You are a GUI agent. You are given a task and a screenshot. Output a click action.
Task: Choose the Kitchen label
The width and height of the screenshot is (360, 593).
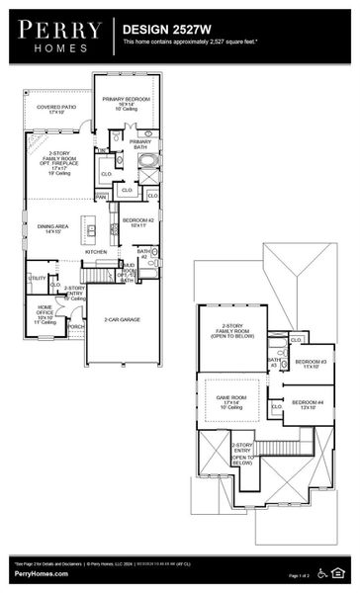[96, 252]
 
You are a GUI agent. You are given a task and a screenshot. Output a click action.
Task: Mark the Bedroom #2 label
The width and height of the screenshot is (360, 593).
[135, 221]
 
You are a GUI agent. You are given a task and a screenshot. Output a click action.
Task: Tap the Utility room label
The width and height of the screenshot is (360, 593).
[38, 279]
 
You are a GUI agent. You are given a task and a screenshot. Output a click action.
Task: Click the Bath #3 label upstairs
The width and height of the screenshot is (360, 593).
[275, 362]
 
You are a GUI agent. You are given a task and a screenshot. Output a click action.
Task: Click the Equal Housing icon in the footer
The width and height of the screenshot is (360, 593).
[342, 571]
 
